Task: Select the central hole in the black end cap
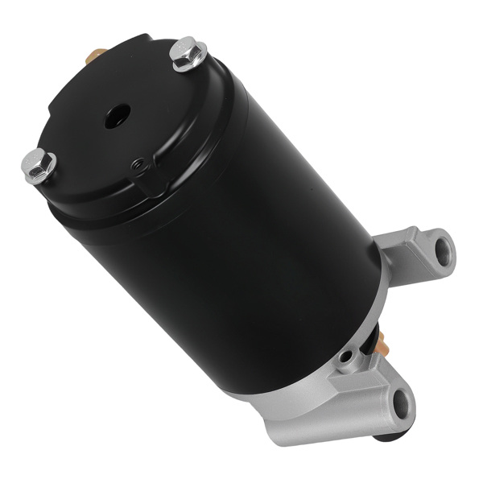pyautogui.click(x=112, y=114)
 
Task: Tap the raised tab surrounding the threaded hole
pyautogui.click(x=145, y=174)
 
